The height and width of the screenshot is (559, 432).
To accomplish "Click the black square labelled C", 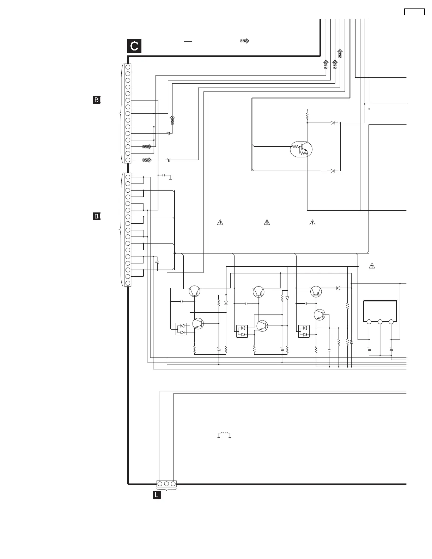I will pos(134,46).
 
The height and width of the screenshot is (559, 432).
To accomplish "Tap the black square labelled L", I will pos(157,495).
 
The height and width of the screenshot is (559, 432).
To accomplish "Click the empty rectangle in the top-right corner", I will pos(414,12).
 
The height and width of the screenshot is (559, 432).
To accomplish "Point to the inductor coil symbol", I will pos(224,435).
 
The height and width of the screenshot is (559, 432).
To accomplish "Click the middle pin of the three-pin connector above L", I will pos(166,483).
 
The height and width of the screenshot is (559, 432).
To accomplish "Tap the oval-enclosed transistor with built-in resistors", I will pos(301,149).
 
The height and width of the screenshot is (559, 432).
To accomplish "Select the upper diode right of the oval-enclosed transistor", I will pos(333,123).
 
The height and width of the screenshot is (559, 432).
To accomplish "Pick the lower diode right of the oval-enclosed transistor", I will pos(333,171).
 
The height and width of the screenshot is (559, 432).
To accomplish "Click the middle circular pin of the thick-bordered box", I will pos(380,321).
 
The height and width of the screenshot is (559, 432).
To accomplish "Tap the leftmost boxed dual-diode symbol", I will pos(181,329).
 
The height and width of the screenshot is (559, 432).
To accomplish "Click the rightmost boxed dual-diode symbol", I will pos(304,331).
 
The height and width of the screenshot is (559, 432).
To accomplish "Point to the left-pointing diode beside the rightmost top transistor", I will pos(338,288).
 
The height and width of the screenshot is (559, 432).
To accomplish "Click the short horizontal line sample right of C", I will pos(188,41).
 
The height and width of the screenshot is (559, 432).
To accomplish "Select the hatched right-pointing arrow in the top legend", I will pos(245,41).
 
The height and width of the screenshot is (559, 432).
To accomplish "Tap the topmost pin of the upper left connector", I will pos(128,67).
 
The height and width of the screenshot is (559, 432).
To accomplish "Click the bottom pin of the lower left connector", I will pos(128,283).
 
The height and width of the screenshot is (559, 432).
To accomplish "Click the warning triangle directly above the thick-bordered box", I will pos(371,266).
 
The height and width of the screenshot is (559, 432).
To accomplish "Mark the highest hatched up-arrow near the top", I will pos(340,54).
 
